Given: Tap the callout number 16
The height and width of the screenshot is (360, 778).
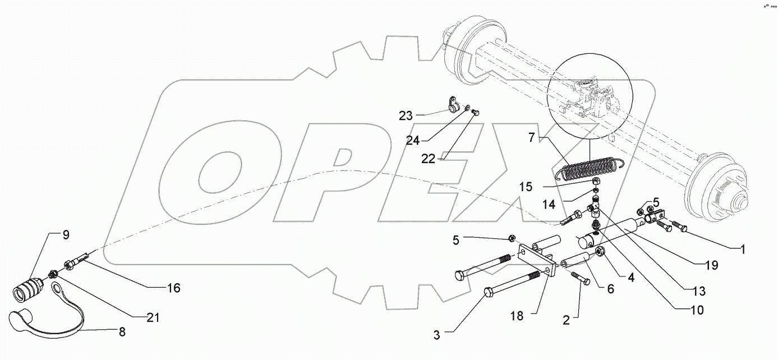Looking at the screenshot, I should pyautogui.click(x=174, y=288).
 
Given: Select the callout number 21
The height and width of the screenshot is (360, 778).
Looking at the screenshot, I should pyautogui.click(x=153, y=318).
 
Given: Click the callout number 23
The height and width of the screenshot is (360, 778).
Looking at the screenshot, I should pyautogui.click(x=406, y=116).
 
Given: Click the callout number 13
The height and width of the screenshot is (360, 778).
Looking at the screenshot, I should pyautogui.click(x=698, y=292).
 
